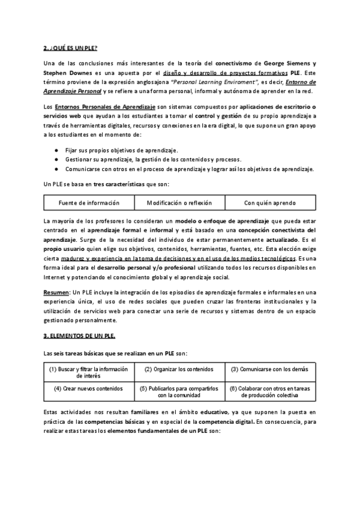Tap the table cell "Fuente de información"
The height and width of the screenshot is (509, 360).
(89, 203)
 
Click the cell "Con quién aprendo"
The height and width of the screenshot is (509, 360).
(270, 203)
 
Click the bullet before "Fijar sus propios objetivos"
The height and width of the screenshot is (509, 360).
(56, 150)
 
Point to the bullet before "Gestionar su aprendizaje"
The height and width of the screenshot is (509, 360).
(56, 160)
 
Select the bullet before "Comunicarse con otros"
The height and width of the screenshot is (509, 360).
(56, 169)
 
